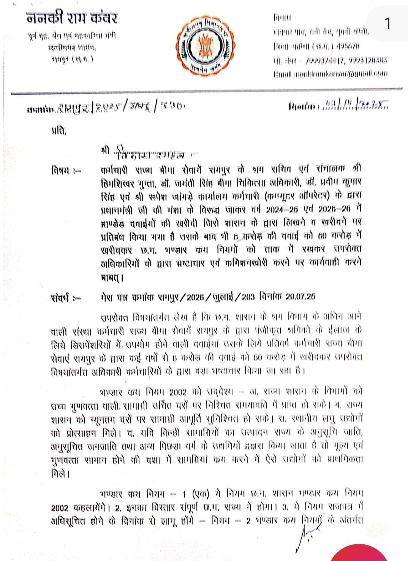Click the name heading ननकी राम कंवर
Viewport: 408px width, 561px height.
pyautogui.click(x=72, y=18)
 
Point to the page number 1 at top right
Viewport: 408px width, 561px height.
pyautogui.click(x=387, y=24)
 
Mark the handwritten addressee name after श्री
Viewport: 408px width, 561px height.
pyautogui.click(x=152, y=154)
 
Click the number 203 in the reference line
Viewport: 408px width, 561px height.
pyautogui.click(x=248, y=297)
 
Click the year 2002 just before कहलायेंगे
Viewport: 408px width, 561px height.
pyautogui.click(x=60, y=508)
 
